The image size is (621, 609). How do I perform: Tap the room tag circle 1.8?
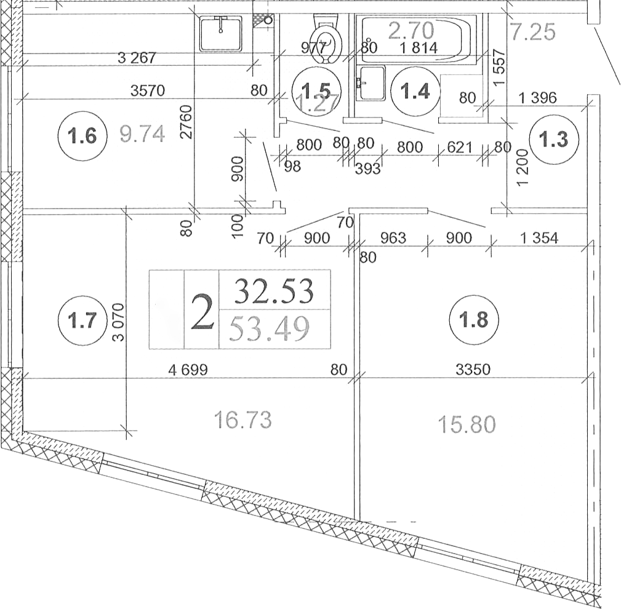(x=474, y=320)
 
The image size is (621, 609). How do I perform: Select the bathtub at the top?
(x=417, y=39)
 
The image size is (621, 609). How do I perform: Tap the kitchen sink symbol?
(x=222, y=34)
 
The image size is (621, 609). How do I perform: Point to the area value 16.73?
(x=242, y=421)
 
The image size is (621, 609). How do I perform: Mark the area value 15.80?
(x=467, y=424)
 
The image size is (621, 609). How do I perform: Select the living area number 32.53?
(x=274, y=290)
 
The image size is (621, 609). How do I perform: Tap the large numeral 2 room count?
(x=202, y=312)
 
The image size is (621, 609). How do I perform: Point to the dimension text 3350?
(x=470, y=370)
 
